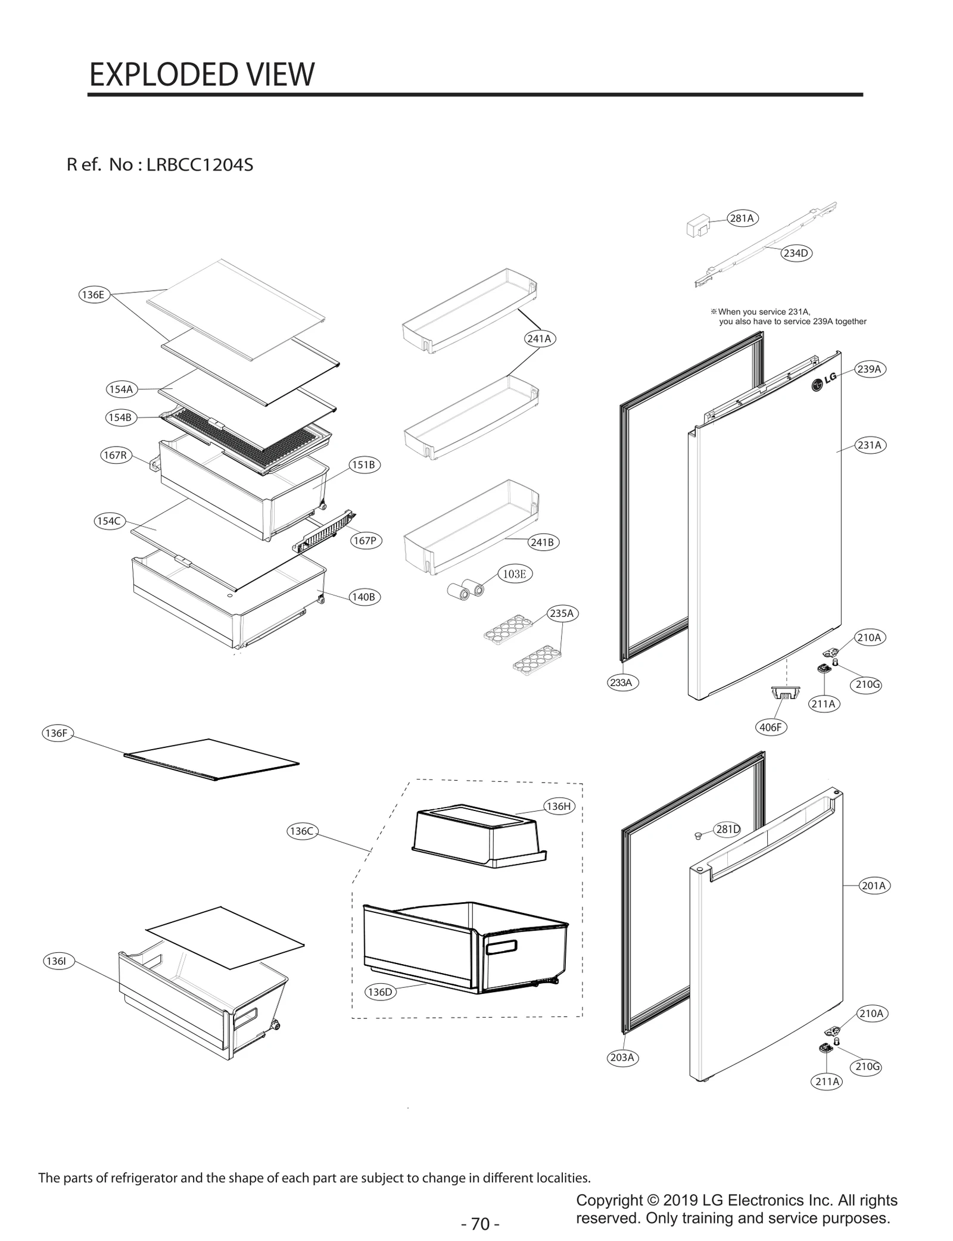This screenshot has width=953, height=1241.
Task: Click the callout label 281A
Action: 742,219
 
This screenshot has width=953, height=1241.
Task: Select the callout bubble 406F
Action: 771,727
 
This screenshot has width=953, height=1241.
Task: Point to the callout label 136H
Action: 559,806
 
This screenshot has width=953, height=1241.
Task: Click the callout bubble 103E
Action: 515,574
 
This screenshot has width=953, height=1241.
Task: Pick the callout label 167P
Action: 365,541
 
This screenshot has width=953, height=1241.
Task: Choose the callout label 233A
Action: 621,682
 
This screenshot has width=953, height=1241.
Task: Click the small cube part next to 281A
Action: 697,226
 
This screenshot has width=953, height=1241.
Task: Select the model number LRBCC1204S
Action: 200,165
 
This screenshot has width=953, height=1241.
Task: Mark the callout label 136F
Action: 57,733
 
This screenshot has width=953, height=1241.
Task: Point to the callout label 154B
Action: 120,417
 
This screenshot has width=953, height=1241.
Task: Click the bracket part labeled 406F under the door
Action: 786,693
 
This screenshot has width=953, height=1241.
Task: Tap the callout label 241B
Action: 543,542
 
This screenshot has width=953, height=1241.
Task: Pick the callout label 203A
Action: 622,1058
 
